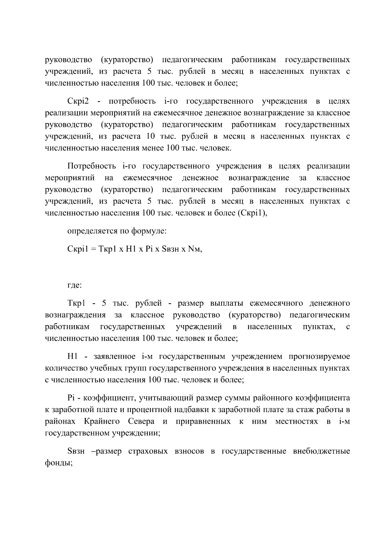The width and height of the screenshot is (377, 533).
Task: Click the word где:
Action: (74, 285)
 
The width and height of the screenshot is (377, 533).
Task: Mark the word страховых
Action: (146, 451)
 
